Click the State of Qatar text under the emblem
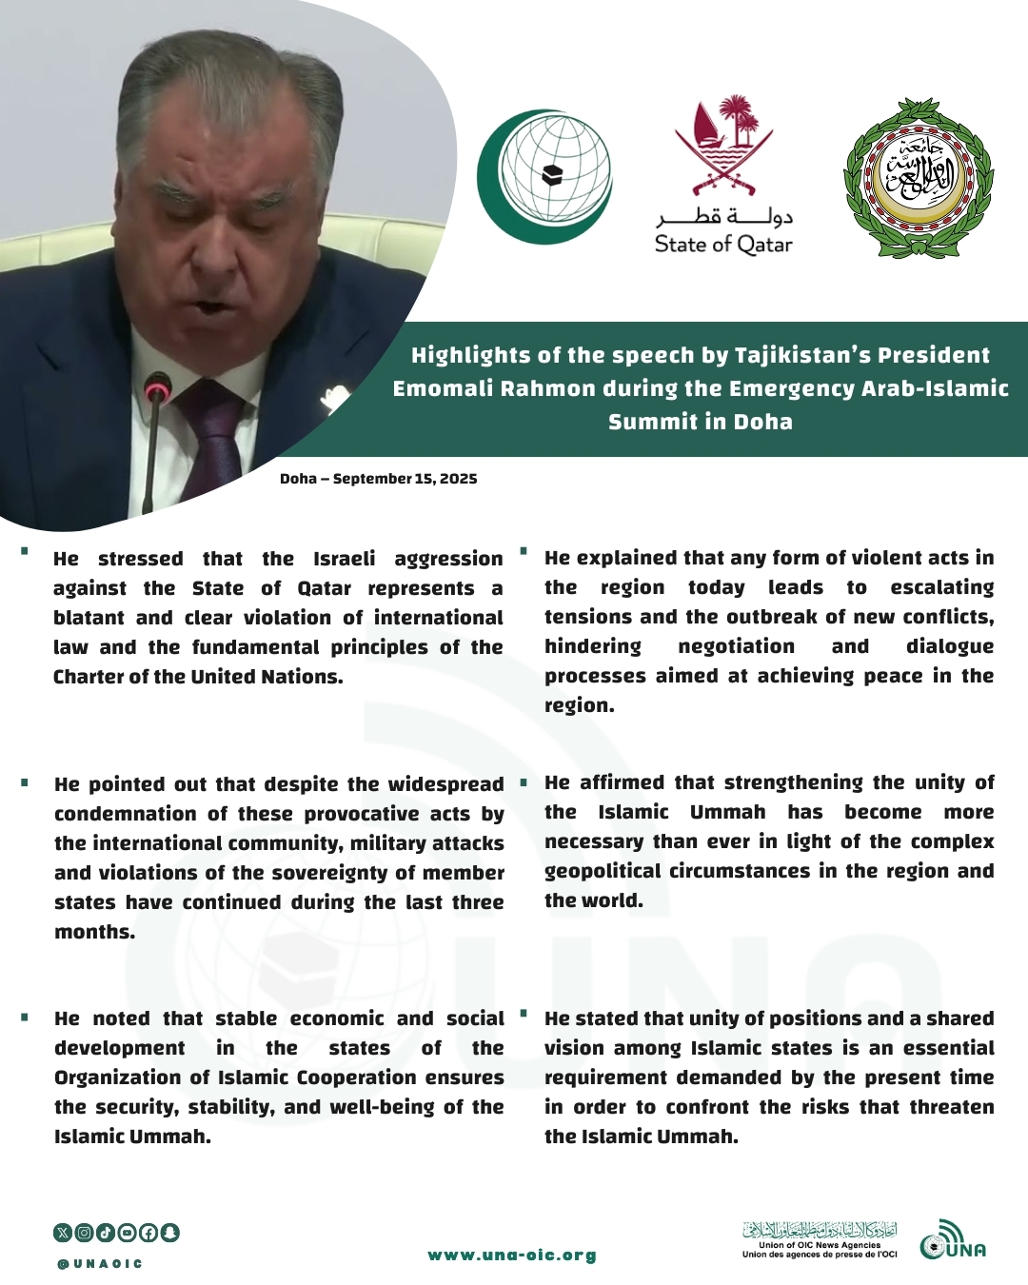(723, 245)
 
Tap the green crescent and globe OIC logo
(544, 177)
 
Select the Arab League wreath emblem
(919, 178)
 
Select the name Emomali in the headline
(441, 388)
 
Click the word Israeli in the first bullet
(345, 559)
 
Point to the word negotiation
(736, 646)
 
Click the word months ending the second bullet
(94, 932)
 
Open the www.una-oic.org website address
(512, 1255)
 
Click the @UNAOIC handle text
(100, 1264)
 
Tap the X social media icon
(63, 1233)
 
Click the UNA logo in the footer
(953, 1241)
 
